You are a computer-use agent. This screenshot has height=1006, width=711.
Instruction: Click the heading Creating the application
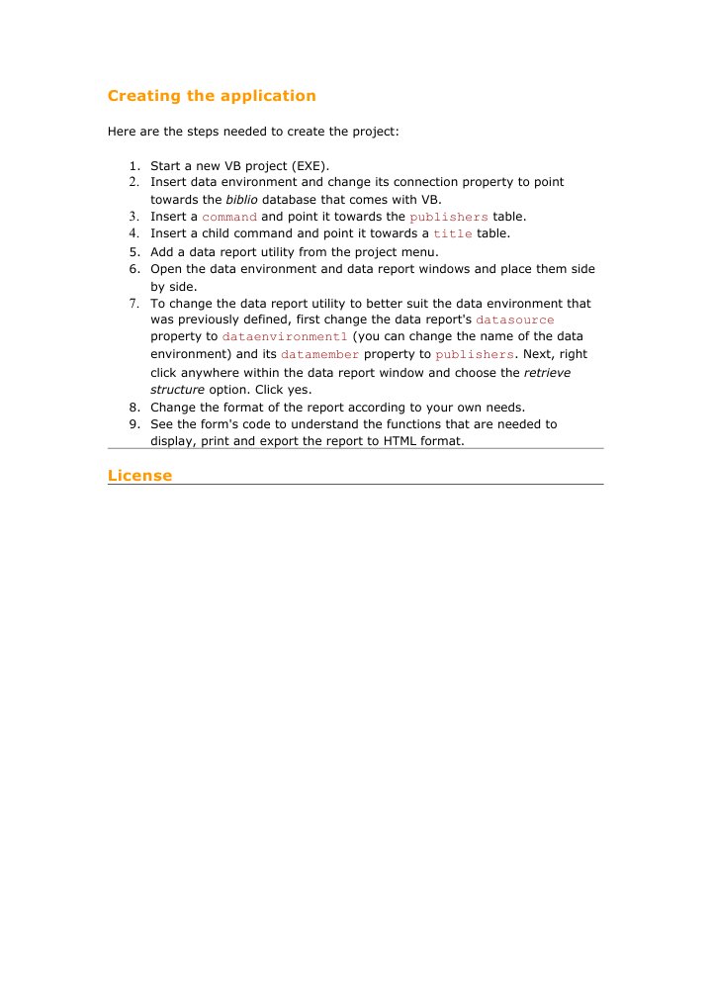pos(212,96)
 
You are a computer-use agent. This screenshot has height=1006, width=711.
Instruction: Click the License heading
pos(139,476)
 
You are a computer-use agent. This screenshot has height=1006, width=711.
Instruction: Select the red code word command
pos(229,217)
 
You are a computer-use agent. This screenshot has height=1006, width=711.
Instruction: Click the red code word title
pos(453,234)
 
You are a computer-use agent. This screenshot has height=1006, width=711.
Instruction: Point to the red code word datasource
pos(515,320)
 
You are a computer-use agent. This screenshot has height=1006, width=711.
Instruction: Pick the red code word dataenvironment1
pos(285,336)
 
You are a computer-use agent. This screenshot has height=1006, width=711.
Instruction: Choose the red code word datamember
pos(320,354)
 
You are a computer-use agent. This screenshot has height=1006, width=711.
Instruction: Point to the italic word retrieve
pos(547,373)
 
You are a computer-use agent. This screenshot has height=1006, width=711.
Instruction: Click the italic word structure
pos(177,390)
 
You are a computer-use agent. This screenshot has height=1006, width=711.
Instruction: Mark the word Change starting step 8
pos(173,407)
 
